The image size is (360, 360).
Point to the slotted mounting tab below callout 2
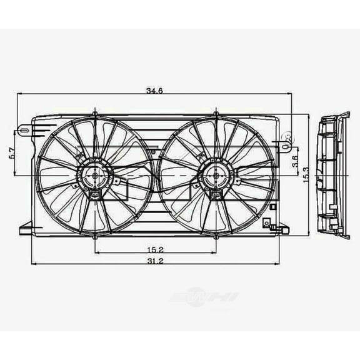tap(286, 148)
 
